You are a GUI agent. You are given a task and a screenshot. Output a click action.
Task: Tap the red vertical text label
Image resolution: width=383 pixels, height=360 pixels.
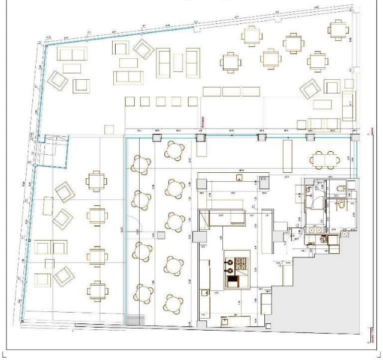[x=203, y=124]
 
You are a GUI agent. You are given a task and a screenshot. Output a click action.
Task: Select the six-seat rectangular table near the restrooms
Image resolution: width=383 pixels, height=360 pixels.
[x=324, y=160]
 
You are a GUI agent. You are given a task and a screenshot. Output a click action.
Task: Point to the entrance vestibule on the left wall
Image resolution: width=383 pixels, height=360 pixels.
[x=52, y=151]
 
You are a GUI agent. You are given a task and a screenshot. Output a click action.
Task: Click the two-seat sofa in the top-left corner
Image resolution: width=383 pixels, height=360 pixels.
[x=72, y=54]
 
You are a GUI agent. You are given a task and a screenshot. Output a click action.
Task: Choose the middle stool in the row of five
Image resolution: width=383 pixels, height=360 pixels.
[x=161, y=101]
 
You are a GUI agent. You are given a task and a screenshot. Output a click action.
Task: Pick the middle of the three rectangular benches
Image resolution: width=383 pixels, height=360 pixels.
[x=231, y=92]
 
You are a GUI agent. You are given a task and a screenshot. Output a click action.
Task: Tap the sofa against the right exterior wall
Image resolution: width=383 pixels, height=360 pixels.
[x=348, y=106]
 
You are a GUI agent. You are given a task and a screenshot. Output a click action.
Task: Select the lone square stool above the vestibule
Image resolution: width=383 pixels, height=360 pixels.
[x=109, y=129]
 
